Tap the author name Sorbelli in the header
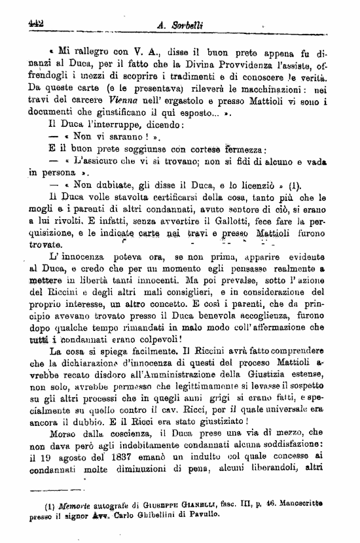point(187,25)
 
